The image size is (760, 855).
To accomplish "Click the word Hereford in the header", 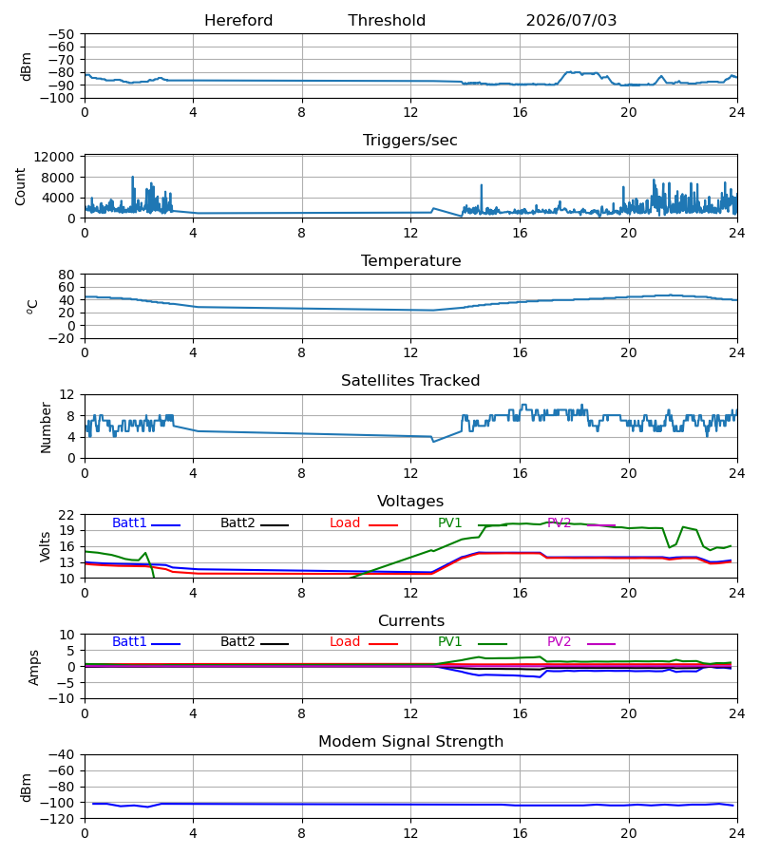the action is coord(238,21).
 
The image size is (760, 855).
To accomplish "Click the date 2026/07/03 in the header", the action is coord(571,21).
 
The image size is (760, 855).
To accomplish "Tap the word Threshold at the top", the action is coord(387,21).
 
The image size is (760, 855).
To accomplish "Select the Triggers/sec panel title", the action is coord(410,141).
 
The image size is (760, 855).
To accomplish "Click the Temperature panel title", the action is coord(410,260).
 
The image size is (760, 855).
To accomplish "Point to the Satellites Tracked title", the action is coord(410,381).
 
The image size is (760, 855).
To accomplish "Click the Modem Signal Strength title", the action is coord(410,742).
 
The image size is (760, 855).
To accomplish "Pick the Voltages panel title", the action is coord(410,501).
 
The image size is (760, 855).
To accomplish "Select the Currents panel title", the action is coord(411,621).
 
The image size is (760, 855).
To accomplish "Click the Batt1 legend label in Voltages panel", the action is coord(129,522).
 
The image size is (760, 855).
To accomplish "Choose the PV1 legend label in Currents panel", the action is coord(449,642).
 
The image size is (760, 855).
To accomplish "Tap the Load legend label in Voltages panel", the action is coord(345,522).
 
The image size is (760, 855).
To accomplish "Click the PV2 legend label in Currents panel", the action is coord(559,642).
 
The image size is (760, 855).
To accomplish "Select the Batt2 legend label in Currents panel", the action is coord(237,642).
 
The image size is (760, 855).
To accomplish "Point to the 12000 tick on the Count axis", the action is coord(54,157).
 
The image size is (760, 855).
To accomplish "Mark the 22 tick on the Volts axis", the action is coord(66,515).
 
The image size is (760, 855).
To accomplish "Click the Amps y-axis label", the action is coord(34,667).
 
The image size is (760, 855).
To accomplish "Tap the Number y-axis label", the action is coord(46,427).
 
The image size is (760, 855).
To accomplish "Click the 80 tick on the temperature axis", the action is coord(66,275).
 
